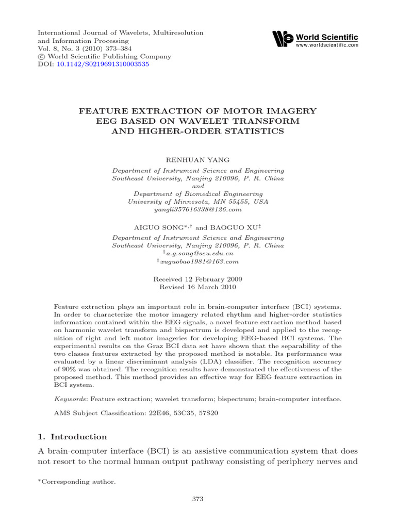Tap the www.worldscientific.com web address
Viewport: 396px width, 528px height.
pyautogui.click(x=326, y=45)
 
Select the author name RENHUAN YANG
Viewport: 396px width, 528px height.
pyautogui.click(x=197, y=160)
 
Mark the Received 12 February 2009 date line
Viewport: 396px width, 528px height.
pyautogui.click(x=197, y=278)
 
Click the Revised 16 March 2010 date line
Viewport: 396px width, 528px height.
pyautogui.click(x=197, y=286)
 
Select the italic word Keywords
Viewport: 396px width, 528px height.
pyautogui.click(x=71, y=399)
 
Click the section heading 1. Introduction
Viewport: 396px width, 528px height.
pyautogui.click(x=73, y=437)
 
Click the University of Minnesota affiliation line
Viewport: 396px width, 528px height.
pyautogui.click(x=197, y=202)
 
